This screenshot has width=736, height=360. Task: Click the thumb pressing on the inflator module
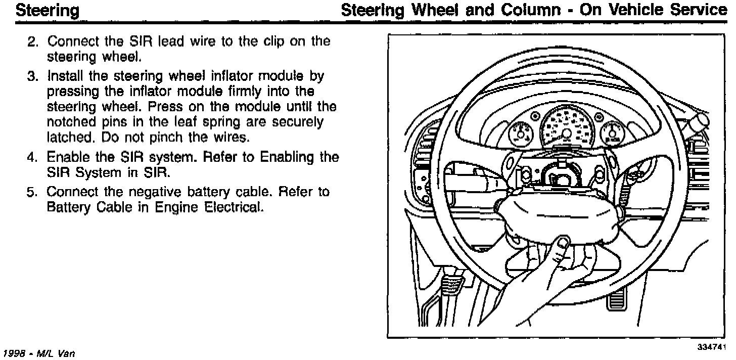tap(561, 244)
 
